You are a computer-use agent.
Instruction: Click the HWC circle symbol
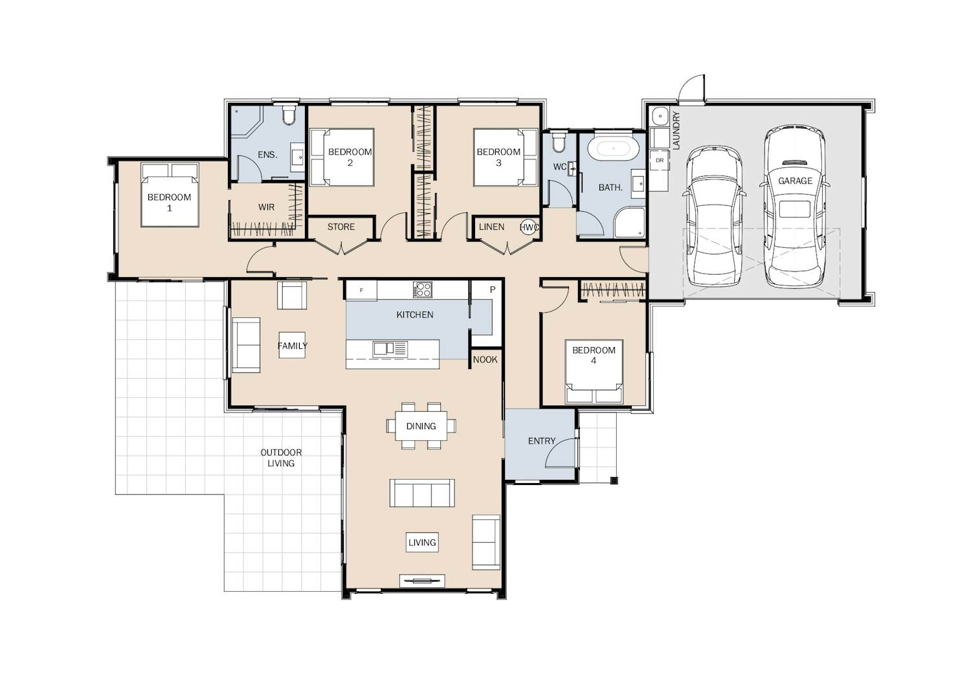click(529, 227)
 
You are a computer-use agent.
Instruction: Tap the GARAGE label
click(795, 181)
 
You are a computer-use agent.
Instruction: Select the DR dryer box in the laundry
click(660, 161)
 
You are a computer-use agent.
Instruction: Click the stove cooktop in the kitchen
click(422, 289)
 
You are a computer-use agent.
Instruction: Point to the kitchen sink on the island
click(390, 349)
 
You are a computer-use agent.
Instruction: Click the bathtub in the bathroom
click(613, 148)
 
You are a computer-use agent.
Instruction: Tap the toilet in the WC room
click(558, 142)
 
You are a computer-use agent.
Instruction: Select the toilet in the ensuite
click(289, 114)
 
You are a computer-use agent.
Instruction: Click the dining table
click(421, 425)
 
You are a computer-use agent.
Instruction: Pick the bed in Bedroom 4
click(594, 371)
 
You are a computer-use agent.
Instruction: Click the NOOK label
click(485, 360)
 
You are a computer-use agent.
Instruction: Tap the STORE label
click(341, 227)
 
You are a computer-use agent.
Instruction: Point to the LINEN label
click(491, 227)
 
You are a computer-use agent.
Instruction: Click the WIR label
click(266, 207)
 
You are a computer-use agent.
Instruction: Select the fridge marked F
click(361, 290)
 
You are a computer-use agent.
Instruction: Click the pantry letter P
click(492, 289)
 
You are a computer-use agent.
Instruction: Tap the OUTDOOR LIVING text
click(281, 458)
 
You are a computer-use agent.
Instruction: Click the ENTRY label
click(541, 441)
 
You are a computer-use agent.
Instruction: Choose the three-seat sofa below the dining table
click(421, 493)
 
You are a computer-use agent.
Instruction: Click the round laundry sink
click(660, 115)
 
